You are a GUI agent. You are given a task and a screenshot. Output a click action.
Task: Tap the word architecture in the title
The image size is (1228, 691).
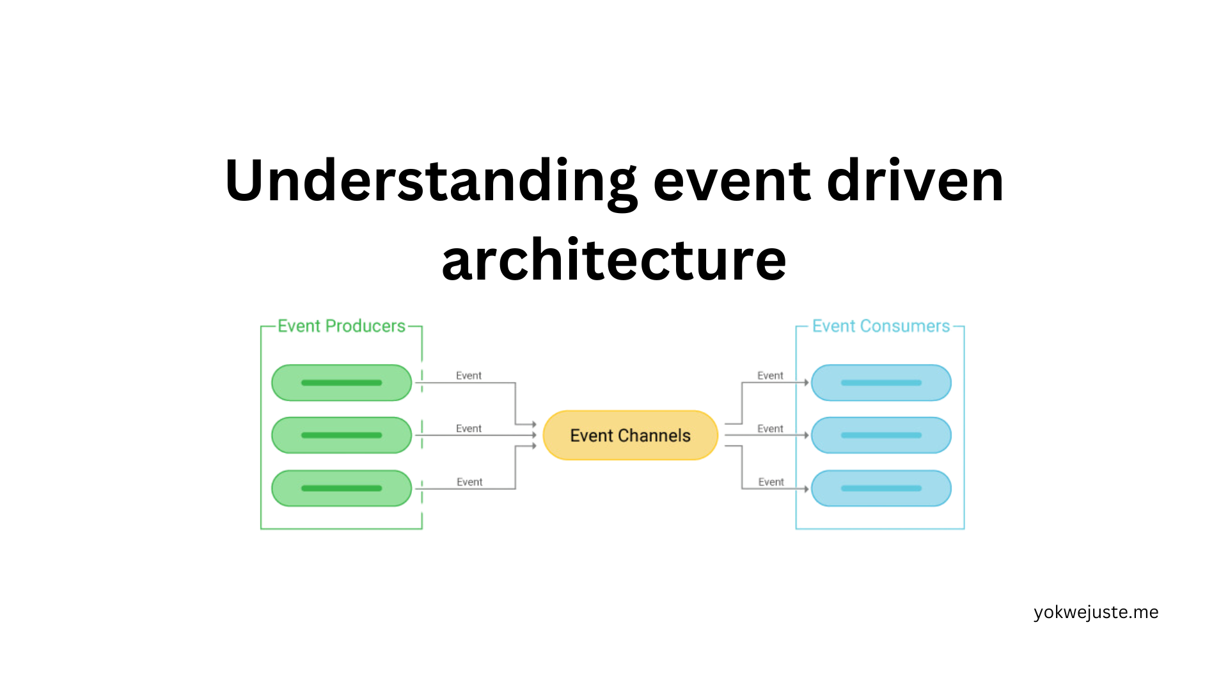[x=614, y=260]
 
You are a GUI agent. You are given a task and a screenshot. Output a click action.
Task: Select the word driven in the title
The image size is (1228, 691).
[x=915, y=180]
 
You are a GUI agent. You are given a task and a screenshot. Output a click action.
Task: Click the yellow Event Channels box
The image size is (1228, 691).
[x=631, y=435]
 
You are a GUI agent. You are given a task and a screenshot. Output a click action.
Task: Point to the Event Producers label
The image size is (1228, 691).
[x=342, y=326]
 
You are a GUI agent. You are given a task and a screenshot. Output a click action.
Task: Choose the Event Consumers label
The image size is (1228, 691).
[x=881, y=326]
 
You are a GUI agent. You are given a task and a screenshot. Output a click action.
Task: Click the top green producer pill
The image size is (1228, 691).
[x=342, y=383]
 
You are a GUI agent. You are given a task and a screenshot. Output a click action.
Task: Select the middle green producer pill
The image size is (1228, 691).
[x=342, y=435]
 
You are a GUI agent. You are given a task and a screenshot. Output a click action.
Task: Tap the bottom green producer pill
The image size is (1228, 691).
[x=342, y=488]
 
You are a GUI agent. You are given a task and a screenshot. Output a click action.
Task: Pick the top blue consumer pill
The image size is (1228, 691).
[x=881, y=383]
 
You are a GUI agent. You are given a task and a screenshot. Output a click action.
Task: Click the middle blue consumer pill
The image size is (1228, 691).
[x=881, y=435]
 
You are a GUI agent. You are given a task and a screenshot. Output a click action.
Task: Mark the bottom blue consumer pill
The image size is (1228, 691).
[x=881, y=488]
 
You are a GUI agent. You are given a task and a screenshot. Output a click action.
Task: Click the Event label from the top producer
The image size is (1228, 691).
[x=469, y=376]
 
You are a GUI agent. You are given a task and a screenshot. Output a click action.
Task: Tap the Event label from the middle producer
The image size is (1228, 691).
[x=469, y=429]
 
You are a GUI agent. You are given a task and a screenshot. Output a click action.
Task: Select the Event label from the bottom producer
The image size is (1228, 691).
[x=469, y=482]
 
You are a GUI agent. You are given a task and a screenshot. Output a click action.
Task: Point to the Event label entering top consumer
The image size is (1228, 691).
[x=770, y=376]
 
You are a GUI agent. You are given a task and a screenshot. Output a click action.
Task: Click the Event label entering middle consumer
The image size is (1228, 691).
[x=770, y=429]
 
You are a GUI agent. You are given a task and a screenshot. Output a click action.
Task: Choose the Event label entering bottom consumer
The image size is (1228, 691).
[x=771, y=482]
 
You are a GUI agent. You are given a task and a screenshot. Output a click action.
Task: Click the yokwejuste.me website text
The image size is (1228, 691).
[x=1096, y=613]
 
